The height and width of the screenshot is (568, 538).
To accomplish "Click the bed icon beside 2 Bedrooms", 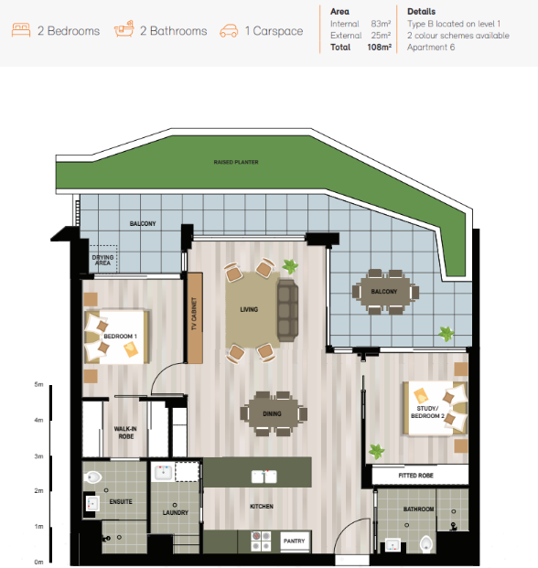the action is pyautogui.click(x=21, y=30).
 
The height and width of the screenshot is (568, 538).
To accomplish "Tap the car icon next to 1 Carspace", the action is pyautogui.click(x=229, y=31).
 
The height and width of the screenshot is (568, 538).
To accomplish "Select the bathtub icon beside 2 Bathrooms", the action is pyautogui.click(x=124, y=29).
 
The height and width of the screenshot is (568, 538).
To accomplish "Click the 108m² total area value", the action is pyautogui.click(x=380, y=47).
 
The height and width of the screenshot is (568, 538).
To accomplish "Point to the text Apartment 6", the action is pyautogui.click(x=431, y=48).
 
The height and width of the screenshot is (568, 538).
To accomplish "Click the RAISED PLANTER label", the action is pyautogui.click(x=236, y=162).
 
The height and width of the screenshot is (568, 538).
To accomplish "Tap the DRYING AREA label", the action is pyautogui.click(x=102, y=260).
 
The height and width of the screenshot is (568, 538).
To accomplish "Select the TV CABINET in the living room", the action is pyautogui.click(x=195, y=317).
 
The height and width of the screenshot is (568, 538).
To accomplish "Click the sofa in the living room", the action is pyautogui.click(x=287, y=310).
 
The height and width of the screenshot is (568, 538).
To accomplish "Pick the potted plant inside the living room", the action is pyautogui.click(x=290, y=266).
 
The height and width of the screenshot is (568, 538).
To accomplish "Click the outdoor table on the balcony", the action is pyautogui.click(x=385, y=292).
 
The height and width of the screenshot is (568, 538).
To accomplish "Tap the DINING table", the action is pyautogui.click(x=274, y=413).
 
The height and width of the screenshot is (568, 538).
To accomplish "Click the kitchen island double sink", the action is pyautogui.click(x=264, y=477).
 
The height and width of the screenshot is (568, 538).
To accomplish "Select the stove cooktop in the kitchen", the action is pyautogui.click(x=261, y=541).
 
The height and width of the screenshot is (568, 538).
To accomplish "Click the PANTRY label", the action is pyautogui.click(x=295, y=541).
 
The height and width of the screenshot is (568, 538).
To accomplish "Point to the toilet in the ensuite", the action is pyautogui.click(x=92, y=477).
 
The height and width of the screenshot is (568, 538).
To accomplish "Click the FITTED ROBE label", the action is pyautogui.click(x=416, y=476).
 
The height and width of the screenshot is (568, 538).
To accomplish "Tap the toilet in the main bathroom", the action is pyautogui.click(x=426, y=543).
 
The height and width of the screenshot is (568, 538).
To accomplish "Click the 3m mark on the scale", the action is pyautogui.click(x=38, y=456).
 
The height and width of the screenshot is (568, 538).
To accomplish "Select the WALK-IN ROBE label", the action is pyautogui.click(x=125, y=433).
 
